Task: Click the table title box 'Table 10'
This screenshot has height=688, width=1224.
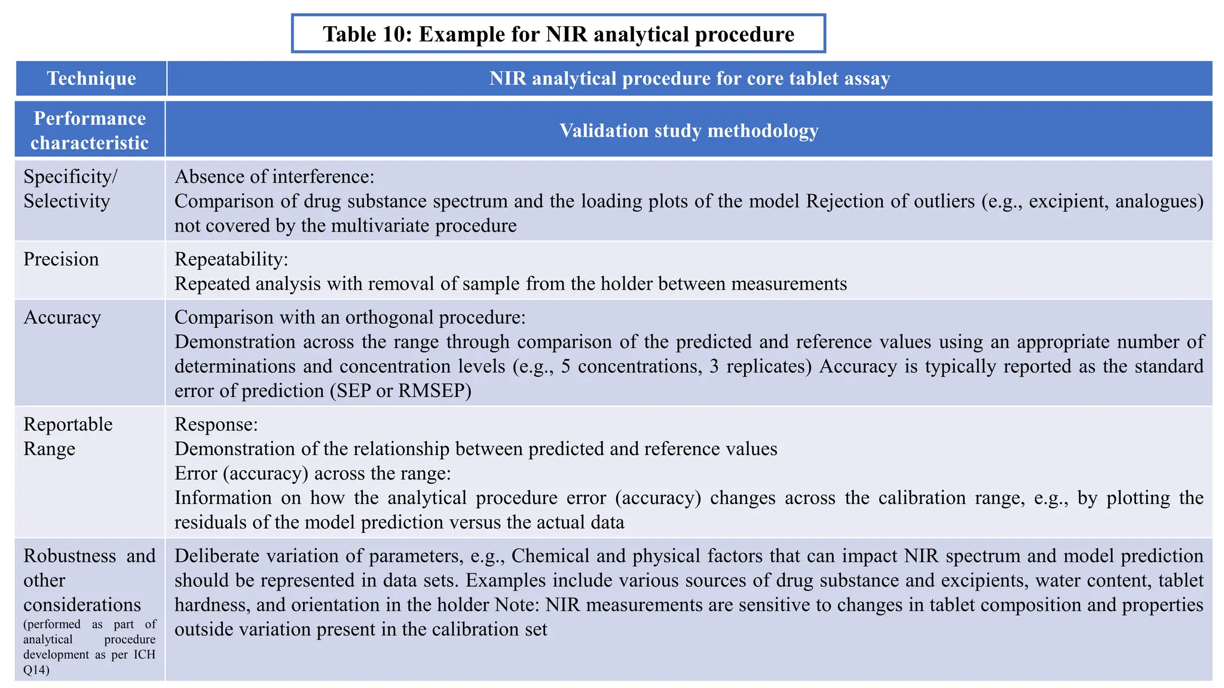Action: pos(558,34)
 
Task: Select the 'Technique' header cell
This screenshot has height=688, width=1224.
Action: pos(91,78)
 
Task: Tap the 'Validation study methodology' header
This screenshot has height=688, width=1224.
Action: pos(688,130)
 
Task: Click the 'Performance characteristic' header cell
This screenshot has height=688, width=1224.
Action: pos(90,130)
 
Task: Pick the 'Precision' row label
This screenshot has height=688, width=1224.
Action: pos(61,259)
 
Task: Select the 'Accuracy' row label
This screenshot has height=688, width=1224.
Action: pos(62,317)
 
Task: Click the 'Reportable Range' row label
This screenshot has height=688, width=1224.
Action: pos(68,436)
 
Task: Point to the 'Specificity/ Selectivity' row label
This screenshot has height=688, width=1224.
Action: pos(70,189)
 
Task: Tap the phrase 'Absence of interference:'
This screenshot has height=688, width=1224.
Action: pos(274,177)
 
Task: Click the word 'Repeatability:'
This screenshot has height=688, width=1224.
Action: pos(231,259)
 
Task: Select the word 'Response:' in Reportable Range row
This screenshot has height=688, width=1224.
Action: pos(216,425)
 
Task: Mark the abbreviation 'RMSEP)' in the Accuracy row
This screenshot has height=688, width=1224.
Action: pos(434,391)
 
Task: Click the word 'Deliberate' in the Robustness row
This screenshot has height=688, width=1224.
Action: pos(216,556)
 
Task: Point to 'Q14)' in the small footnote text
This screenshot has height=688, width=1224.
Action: pos(36,669)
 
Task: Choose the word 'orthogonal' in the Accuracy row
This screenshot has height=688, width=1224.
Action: pos(389,317)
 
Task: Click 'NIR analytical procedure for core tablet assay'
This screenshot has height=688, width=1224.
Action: pos(689,78)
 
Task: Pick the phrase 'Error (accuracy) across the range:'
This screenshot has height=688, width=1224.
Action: pos(313,474)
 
